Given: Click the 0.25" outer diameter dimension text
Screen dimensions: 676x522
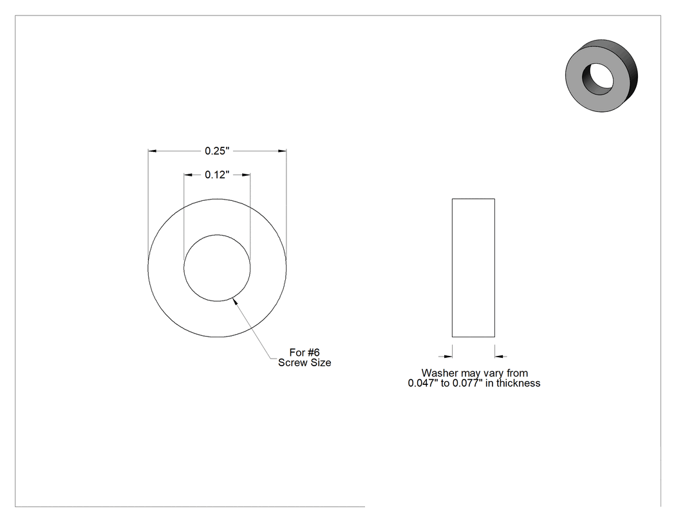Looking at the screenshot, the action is tap(217, 151).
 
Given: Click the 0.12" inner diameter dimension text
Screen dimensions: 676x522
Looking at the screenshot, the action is tap(217, 174).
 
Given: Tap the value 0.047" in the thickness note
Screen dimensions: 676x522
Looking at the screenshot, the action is tap(423, 383).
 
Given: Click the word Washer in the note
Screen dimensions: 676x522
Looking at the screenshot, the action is tap(440, 373).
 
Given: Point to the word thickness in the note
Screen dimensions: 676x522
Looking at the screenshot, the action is tap(518, 383).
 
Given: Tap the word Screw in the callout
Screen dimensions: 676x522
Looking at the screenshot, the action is tap(292, 362).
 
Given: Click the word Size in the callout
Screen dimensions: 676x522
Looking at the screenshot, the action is tap(320, 362).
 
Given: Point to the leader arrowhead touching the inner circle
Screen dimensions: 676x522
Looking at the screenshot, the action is tap(234, 301).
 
